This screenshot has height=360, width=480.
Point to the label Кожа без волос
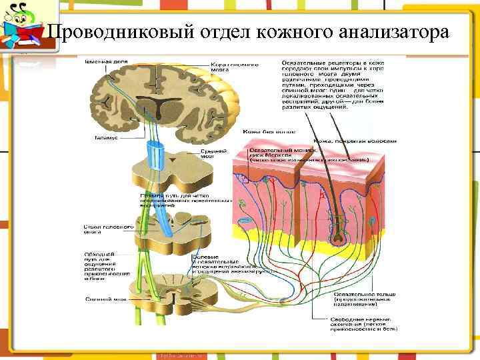coord(262,131)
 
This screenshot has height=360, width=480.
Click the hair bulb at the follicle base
coord(341,236)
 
